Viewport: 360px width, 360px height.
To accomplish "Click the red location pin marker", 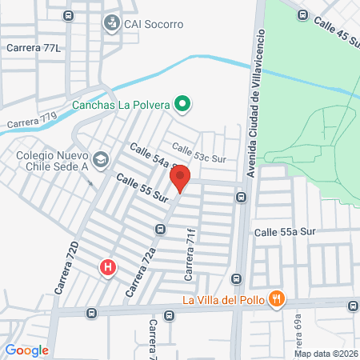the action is click(x=181, y=178).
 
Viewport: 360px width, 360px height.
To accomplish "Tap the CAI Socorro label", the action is click(x=154, y=24).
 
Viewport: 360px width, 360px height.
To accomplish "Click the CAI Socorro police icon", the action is click(x=110, y=24).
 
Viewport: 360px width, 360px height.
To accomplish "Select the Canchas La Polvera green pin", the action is click(x=182, y=103).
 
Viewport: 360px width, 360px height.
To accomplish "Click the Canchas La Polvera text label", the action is click(x=122, y=104).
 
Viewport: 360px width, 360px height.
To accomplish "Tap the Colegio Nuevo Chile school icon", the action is click(x=100, y=158).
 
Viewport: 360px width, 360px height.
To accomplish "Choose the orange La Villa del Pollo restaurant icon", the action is click(x=276, y=300).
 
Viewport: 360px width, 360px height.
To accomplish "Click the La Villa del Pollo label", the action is click(x=223, y=301).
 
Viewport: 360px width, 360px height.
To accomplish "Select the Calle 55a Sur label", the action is click(x=287, y=232).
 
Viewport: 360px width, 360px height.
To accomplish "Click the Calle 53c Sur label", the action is click(x=198, y=153).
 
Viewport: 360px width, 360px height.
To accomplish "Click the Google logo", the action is click(x=26, y=350).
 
